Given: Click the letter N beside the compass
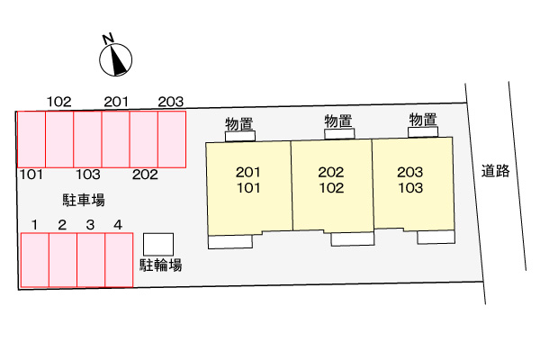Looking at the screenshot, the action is (x=108, y=38).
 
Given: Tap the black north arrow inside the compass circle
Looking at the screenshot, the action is (x=117, y=61).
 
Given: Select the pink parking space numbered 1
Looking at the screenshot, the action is (x=35, y=260).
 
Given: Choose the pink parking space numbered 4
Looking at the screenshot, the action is (x=119, y=260).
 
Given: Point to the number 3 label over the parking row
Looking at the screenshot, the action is (x=90, y=225).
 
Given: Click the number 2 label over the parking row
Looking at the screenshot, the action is (x=62, y=225).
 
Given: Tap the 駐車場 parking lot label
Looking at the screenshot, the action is (x=84, y=200).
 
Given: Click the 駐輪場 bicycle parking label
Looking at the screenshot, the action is (x=161, y=265).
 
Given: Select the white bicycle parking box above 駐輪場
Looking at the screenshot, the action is (x=158, y=244).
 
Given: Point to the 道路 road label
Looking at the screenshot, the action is (x=495, y=170).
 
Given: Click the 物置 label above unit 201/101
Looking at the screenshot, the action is (x=239, y=124).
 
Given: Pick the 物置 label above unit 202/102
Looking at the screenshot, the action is (x=338, y=121).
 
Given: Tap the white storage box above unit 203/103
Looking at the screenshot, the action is (x=423, y=132).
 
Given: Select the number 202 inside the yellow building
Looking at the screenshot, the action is (x=331, y=172).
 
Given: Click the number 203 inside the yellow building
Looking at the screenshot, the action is (x=409, y=172).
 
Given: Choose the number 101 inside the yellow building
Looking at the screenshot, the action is (x=248, y=188).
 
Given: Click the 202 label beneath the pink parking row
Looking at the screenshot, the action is (x=145, y=175).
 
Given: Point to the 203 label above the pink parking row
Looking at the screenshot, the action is (x=171, y=102).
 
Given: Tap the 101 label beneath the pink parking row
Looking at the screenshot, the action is (x=31, y=175).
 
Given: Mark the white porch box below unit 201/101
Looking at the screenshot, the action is (x=230, y=242).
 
